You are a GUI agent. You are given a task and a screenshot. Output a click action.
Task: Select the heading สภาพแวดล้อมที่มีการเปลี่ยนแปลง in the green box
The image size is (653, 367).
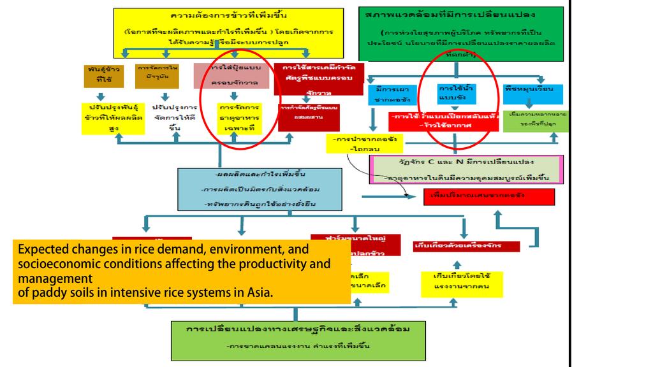tap(450, 13)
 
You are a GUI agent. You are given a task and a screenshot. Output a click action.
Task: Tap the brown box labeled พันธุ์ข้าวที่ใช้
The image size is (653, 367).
tap(103, 76)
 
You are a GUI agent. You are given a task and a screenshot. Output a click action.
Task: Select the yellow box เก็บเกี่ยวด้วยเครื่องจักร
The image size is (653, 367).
tap(458, 245)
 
